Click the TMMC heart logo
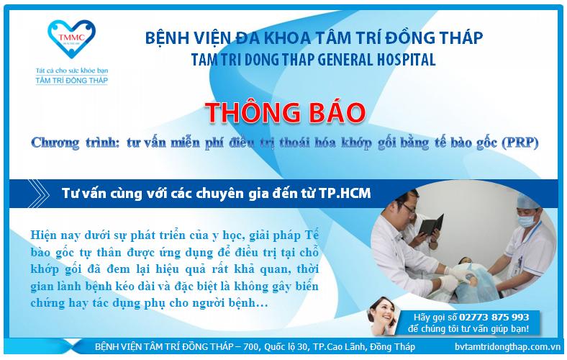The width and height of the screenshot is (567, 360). (71, 39)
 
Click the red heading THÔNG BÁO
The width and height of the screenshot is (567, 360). (286, 112)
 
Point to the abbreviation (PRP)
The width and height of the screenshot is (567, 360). (520, 143)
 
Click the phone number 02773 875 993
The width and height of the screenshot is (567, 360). (494, 318)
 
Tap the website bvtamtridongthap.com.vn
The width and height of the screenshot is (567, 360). (508, 346)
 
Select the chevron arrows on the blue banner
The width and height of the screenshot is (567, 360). (39, 193)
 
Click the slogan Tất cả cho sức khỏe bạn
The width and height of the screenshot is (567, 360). (72, 71)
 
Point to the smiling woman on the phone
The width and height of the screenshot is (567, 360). (384, 315)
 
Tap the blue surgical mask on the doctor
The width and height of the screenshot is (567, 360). (526, 220)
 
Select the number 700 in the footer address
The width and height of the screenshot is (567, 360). (251, 346)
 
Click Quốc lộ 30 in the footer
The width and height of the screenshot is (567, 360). (286, 347)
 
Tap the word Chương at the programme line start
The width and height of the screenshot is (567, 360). (55, 143)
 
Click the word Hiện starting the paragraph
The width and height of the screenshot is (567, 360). (43, 235)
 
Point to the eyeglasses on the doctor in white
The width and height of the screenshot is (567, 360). (409, 207)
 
